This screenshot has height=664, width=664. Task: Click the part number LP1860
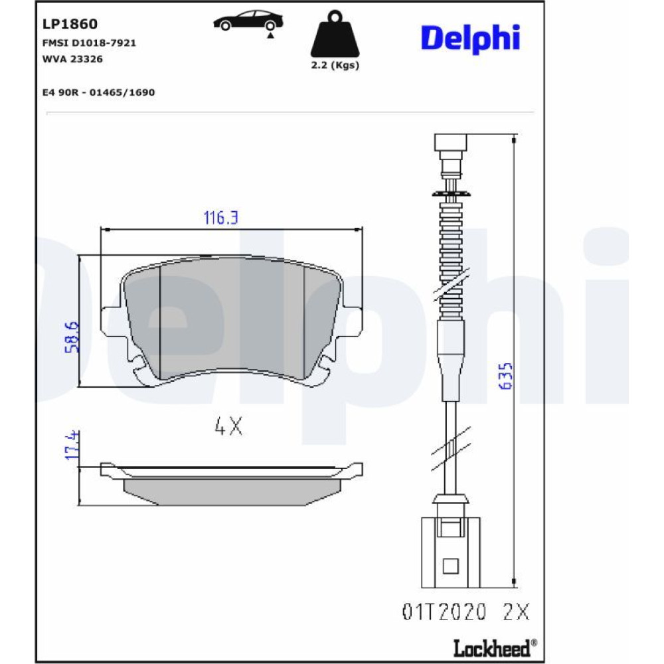(70, 24)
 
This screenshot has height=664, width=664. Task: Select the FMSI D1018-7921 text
(89, 42)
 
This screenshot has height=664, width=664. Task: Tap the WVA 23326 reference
(72, 59)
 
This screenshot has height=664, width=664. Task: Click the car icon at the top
(248, 23)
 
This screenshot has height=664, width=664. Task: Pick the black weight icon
(335, 35)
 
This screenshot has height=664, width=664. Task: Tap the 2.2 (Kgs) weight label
(335, 65)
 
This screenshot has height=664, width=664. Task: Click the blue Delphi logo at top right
(470, 39)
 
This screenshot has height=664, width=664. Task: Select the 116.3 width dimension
(221, 218)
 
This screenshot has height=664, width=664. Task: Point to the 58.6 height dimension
(72, 337)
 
